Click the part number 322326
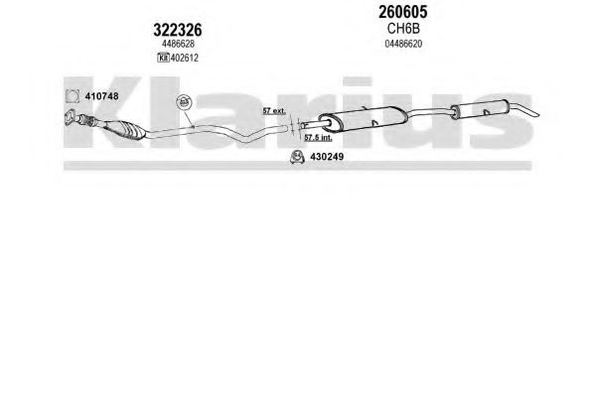click(x=178, y=30)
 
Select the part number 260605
click(x=402, y=12)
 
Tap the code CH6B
click(x=403, y=29)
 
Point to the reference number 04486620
click(x=403, y=44)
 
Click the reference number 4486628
click(x=178, y=44)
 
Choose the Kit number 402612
click(x=185, y=58)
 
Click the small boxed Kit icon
click(x=163, y=58)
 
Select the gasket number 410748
click(x=101, y=96)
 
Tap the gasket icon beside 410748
click(x=73, y=96)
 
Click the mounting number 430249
click(x=327, y=157)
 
